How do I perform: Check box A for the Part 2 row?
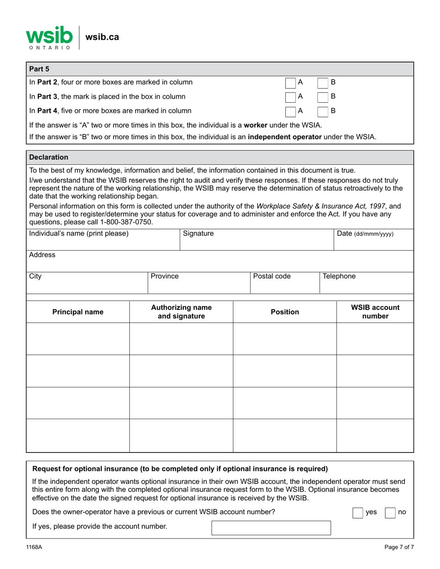[x=290, y=83]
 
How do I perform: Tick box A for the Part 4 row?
[x=290, y=111]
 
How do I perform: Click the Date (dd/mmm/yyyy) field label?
[x=365, y=234]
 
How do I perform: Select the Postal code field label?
[x=272, y=277]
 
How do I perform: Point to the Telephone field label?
[x=339, y=277]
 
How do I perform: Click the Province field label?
[x=165, y=277]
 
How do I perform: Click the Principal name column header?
[x=78, y=312]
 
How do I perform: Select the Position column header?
[x=284, y=312]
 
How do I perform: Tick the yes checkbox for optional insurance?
[x=358, y=513]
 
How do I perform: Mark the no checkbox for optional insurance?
[x=390, y=513]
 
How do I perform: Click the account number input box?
[x=271, y=527]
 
